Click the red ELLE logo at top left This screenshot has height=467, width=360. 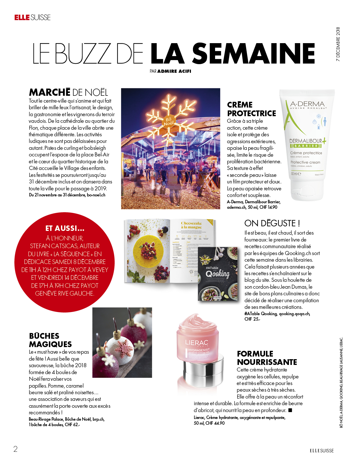(x=22, y=18)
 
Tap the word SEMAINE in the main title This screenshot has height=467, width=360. (x=253, y=54)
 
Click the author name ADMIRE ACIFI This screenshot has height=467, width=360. (x=174, y=71)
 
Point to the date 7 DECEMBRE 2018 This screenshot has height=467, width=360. (x=338, y=44)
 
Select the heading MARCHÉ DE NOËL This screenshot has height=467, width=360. (x=68, y=92)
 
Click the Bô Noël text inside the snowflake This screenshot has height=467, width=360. (x=169, y=122)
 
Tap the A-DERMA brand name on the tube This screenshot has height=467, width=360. (x=307, y=104)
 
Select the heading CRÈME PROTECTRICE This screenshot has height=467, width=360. (x=251, y=109)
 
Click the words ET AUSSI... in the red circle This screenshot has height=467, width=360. (x=65, y=228)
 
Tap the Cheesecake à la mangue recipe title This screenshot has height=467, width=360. (x=192, y=225)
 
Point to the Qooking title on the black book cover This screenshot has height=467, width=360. (x=218, y=274)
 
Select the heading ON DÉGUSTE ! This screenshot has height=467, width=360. (x=272, y=223)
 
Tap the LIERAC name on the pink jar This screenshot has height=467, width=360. (x=197, y=343)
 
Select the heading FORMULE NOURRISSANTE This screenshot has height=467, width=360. (x=267, y=358)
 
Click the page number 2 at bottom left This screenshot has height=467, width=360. (x=16, y=449)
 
